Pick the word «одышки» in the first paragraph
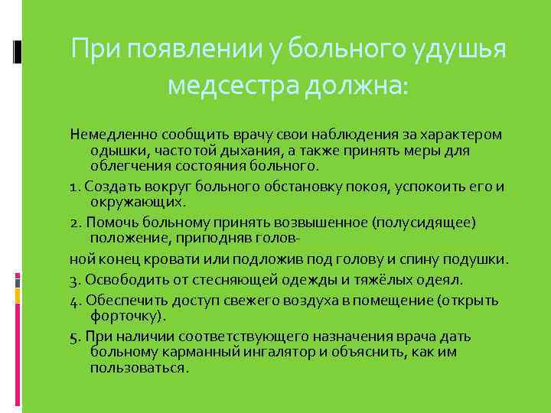(116, 151)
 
